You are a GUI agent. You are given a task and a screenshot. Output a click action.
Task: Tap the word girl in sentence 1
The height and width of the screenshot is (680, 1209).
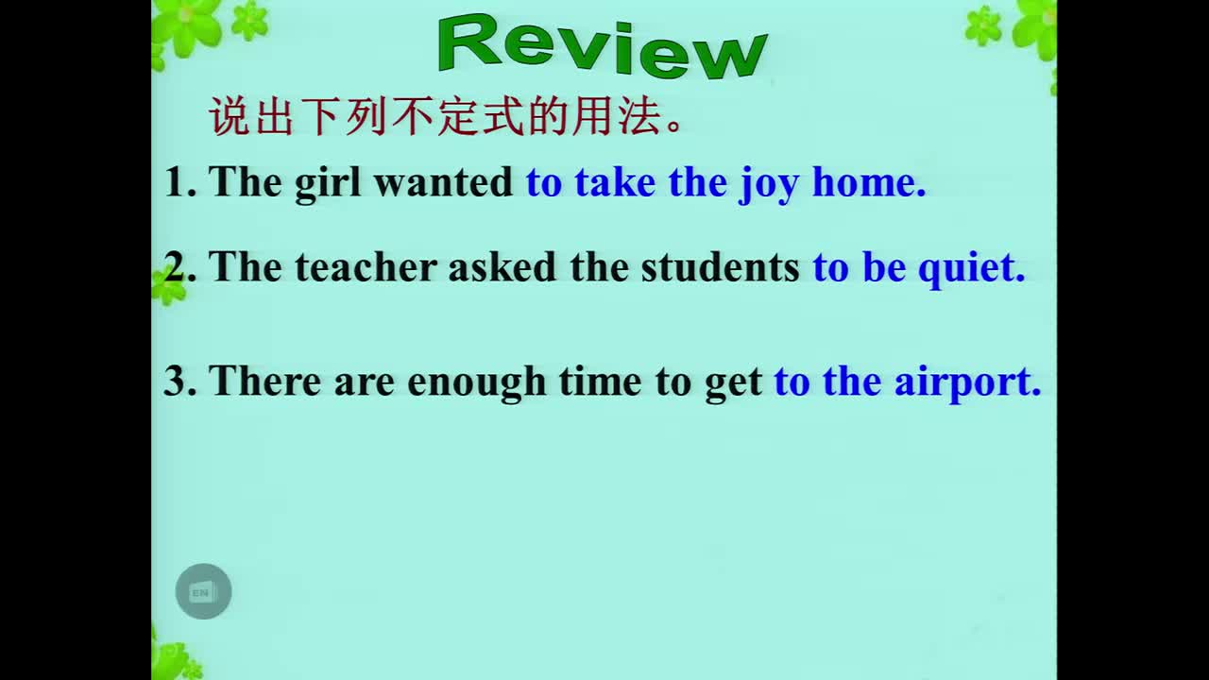coord(328,183)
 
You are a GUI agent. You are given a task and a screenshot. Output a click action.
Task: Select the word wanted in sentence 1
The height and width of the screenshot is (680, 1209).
coord(443,182)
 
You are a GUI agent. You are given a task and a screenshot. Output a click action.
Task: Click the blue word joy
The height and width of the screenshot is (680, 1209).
coord(769,184)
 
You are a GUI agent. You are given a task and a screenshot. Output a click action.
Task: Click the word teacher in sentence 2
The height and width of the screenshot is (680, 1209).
coord(366,266)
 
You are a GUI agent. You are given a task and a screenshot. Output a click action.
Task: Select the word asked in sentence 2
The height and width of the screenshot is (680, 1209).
coord(502,266)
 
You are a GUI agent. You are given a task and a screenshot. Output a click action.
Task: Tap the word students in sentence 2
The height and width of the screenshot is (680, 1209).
coord(720,266)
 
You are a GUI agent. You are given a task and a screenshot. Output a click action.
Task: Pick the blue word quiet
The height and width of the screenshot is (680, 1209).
coord(971,269)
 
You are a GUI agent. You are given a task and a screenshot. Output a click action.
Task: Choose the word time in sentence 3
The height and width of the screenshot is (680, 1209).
coord(600,381)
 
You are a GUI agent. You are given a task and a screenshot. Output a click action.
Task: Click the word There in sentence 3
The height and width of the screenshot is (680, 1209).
coord(264,381)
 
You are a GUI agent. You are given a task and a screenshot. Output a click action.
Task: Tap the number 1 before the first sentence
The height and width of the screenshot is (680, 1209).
coord(176,182)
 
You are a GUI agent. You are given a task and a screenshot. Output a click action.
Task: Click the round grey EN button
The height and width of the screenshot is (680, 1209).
coord(203,591)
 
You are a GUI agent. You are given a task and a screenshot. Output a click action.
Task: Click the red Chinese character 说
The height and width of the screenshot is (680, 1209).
coord(230,116)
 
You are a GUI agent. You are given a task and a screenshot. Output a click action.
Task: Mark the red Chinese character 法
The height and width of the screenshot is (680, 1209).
coord(639,116)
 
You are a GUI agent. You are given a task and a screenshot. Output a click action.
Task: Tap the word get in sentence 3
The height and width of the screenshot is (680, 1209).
coord(734,383)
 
